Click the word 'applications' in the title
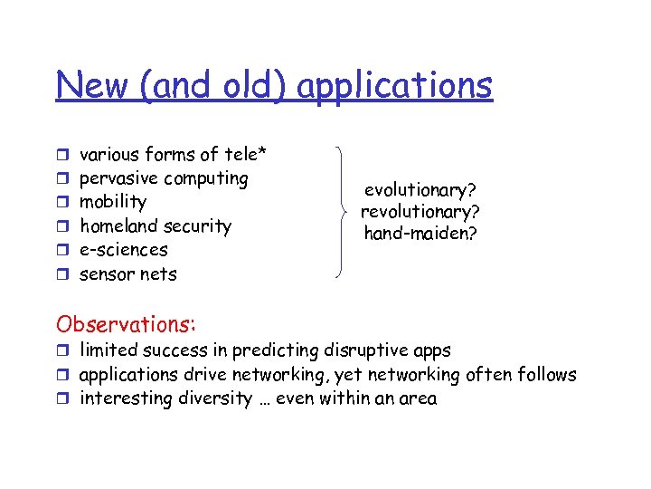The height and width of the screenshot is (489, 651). click(394, 87)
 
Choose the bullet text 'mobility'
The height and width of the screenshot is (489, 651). click(113, 202)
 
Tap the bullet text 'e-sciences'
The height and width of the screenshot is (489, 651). click(124, 249)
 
